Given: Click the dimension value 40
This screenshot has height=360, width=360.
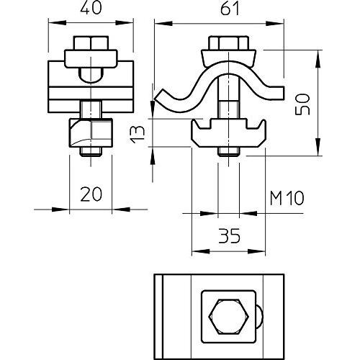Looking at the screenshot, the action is (x=91, y=7).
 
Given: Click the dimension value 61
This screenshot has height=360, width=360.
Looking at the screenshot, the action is (x=230, y=9).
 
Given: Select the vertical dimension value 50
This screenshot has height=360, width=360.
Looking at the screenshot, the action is (x=302, y=104).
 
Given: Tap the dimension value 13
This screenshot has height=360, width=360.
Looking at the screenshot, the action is (x=138, y=135).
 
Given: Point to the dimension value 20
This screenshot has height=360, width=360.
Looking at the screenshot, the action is (x=91, y=194).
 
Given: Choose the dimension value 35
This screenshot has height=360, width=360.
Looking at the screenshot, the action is (x=229, y=235).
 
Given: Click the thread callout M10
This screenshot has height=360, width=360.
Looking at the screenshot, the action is (x=287, y=198).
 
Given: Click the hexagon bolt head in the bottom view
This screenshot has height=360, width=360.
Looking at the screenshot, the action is (x=229, y=317).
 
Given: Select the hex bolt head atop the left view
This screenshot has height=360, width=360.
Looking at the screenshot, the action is (x=91, y=43).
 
